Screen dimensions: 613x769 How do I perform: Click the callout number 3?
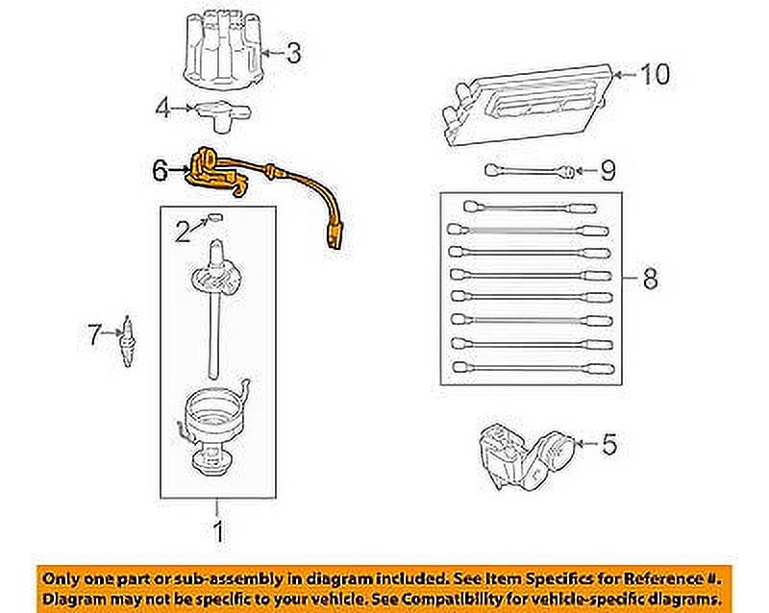[x=292, y=53]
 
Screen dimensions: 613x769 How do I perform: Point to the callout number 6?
[x=161, y=171]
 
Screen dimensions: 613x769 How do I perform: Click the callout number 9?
[x=607, y=171]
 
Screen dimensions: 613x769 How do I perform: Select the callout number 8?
[x=650, y=281]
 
